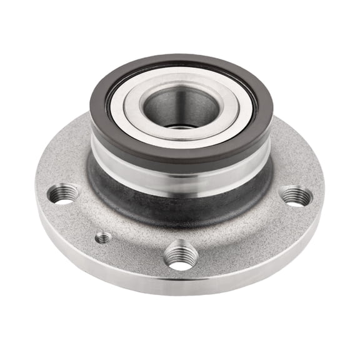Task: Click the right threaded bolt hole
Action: pyautogui.click(x=296, y=196)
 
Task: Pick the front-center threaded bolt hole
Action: pyautogui.click(x=181, y=257)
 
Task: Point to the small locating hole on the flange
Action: pyautogui.click(x=104, y=237)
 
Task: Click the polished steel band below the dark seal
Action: pyautogui.click(x=181, y=176)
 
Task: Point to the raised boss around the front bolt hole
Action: pyautogui.click(x=181, y=242)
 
